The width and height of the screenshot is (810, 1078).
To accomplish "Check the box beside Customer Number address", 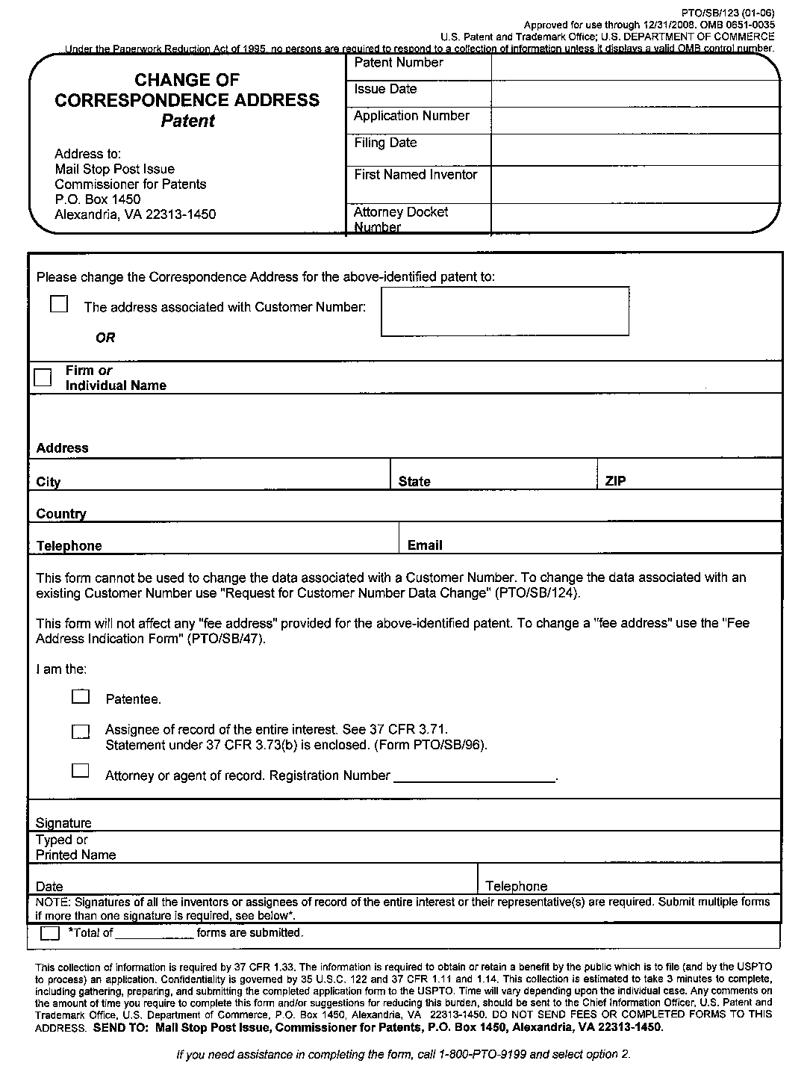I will [59, 304].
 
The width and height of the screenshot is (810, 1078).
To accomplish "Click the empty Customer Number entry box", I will [505, 312].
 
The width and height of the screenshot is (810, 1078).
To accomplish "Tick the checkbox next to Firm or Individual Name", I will [43, 377].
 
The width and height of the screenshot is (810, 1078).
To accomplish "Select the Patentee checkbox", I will [81, 697].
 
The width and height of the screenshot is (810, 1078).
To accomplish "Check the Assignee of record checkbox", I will [81, 731].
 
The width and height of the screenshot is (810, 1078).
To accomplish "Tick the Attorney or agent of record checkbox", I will [81, 770].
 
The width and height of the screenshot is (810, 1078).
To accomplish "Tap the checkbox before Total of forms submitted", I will [50, 933].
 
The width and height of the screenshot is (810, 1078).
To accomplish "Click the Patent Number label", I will [399, 63].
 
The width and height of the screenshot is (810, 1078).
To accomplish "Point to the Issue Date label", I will [385, 89].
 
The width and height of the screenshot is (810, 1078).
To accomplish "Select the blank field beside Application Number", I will [635, 120].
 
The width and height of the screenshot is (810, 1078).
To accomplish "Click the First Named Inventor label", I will [415, 174].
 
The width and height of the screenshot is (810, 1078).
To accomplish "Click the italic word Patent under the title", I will [187, 121].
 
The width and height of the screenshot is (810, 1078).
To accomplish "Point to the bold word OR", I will [105, 338].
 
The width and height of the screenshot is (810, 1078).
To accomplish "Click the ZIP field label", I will [615, 481].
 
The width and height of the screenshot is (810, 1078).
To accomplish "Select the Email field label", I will [425, 545].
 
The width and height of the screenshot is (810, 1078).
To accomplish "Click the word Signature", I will [63, 823].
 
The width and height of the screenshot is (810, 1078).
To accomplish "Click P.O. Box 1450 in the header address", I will [98, 199].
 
